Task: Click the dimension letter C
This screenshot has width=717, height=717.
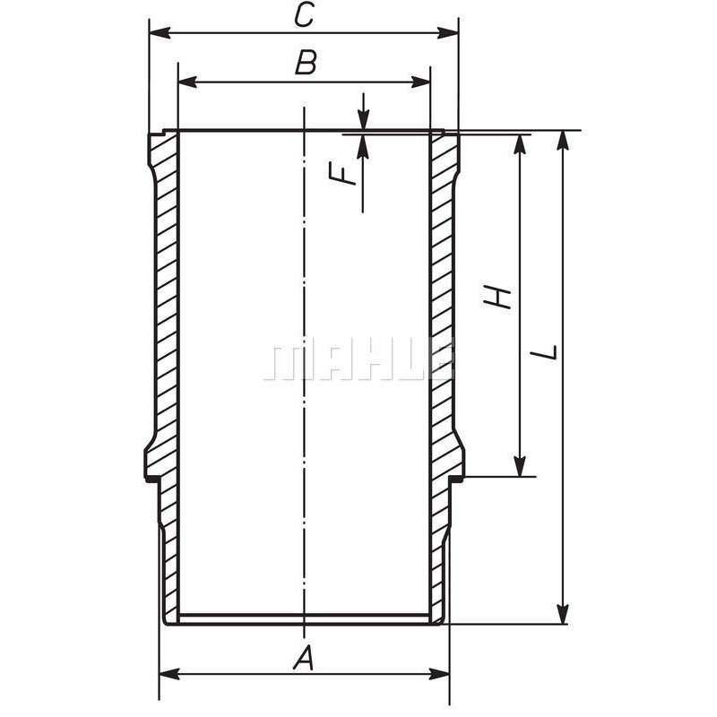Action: click(x=305, y=14)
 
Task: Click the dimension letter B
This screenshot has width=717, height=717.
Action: click(x=306, y=63)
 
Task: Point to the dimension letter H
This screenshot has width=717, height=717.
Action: click(x=497, y=297)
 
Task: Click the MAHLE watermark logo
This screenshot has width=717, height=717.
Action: click(x=358, y=358)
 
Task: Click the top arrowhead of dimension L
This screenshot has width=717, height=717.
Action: click(x=562, y=140)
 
